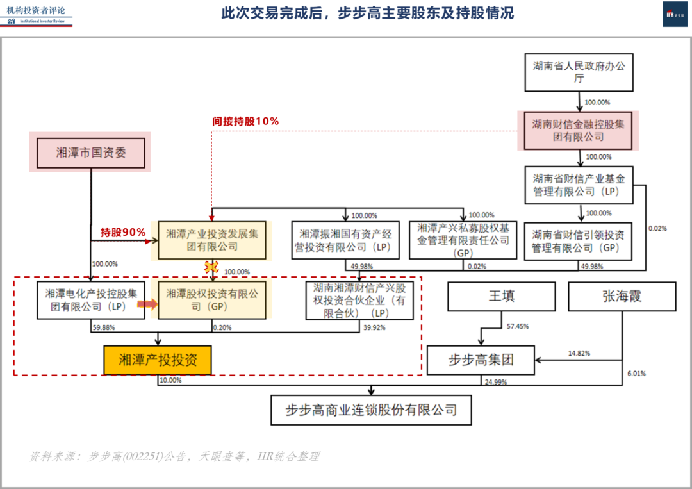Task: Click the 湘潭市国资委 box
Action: click(90, 153)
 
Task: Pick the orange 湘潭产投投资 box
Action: click(158, 360)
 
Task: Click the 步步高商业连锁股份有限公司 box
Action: click(371, 410)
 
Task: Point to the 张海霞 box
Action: click(622, 297)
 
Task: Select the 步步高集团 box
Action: click(481, 361)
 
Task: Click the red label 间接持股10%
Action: click(245, 121)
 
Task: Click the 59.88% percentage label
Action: click(104, 327)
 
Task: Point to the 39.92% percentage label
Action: click(375, 327)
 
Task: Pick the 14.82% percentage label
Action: click(579, 353)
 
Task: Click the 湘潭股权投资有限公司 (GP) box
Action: click(212, 300)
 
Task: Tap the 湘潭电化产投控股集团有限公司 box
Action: click(90, 300)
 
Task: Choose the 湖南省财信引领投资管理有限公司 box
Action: click(579, 241)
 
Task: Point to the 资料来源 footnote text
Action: click(174, 456)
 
